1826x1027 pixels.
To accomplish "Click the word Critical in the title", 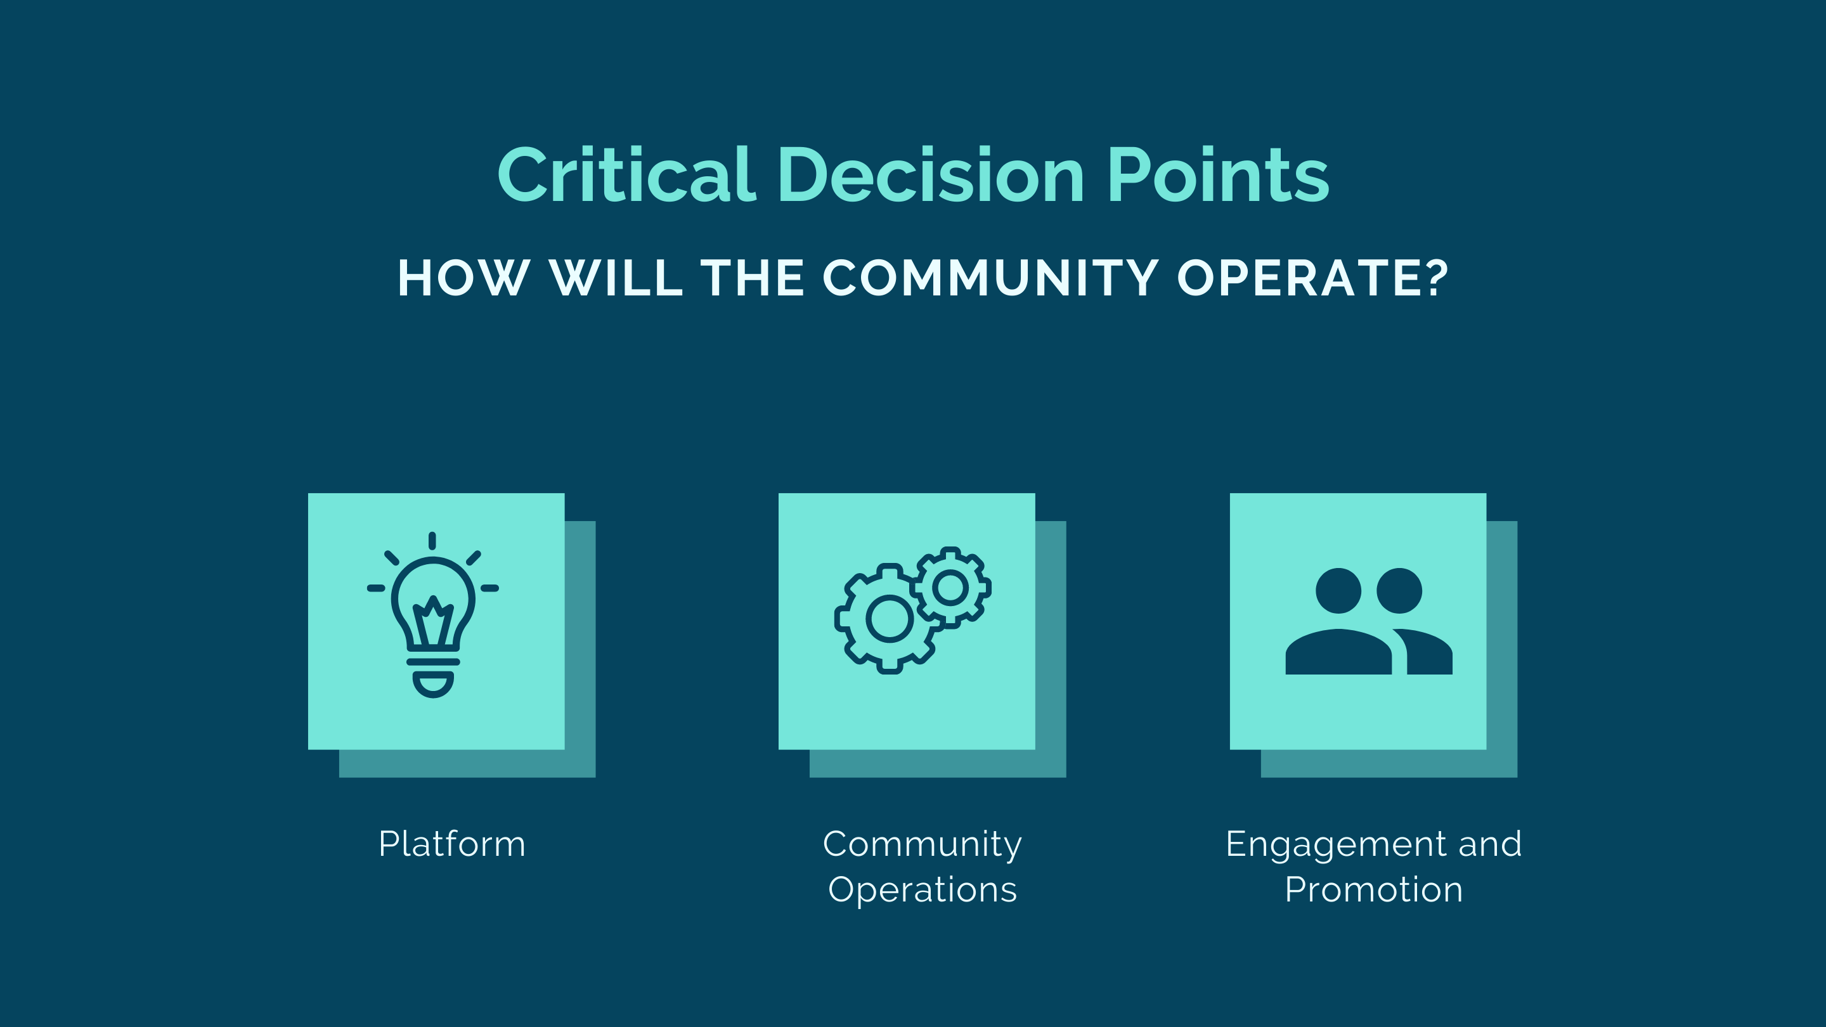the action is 626,174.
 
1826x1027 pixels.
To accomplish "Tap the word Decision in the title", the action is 931,174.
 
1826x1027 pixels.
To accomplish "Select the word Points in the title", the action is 1218,174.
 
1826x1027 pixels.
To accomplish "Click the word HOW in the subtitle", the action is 463,278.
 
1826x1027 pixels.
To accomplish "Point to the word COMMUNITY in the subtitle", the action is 990,278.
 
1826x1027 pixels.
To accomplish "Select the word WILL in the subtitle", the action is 616,278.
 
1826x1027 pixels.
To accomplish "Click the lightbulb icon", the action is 433,614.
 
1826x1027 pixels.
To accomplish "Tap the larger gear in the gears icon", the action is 889,618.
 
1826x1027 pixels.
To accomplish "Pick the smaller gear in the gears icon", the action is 950,587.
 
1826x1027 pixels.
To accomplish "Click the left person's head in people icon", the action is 1338,590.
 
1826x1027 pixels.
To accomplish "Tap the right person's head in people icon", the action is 1399,590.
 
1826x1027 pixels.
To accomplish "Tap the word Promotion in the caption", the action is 1374,889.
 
